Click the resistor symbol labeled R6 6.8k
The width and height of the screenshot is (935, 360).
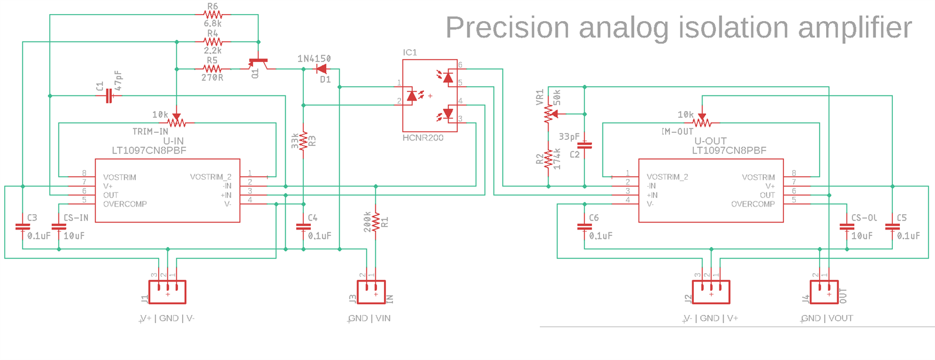pyautogui.click(x=213, y=15)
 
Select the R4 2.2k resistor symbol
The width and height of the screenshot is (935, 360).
pyautogui.click(x=213, y=42)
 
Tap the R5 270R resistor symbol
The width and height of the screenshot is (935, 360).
pyautogui.click(x=213, y=69)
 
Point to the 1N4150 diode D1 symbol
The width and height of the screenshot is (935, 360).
pyautogui.click(x=321, y=69)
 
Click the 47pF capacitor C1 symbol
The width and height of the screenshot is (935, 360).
pyautogui.click(x=108, y=96)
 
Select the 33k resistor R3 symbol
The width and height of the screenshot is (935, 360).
pyautogui.click(x=303, y=141)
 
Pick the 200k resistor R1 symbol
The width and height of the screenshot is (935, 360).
pyautogui.click(x=376, y=222)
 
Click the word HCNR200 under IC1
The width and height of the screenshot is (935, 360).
pyautogui.click(x=423, y=138)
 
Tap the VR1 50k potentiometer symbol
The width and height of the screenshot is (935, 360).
pyautogui.click(x=548, y=113)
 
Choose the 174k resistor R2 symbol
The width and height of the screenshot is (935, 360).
pyautogui.click(x=548, y=159)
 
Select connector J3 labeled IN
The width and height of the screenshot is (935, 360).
pyautogui.click(x=371, y=292)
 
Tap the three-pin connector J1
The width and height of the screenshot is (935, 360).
pyautogui.click(x=167, y=292)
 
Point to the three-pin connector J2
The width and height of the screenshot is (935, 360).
pyautogui.click(x=711, y=292)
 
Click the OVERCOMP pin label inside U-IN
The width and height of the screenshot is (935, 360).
pyautogui.click(x=125, y=204)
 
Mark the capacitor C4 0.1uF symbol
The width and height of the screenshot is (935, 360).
pyautogui.click(x=303, y=227)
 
